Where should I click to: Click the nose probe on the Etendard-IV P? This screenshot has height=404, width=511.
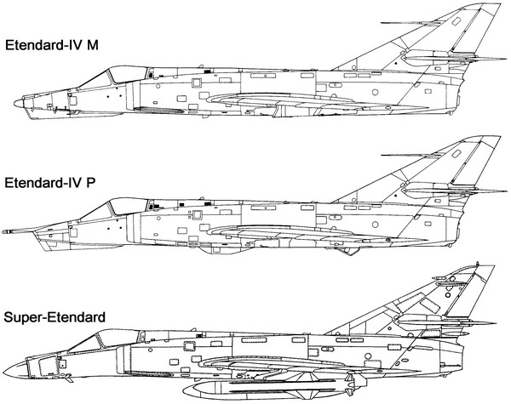pyautogui.click(x=15, y=230)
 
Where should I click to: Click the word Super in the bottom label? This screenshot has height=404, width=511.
pyautogui.click(x=22, y=317)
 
